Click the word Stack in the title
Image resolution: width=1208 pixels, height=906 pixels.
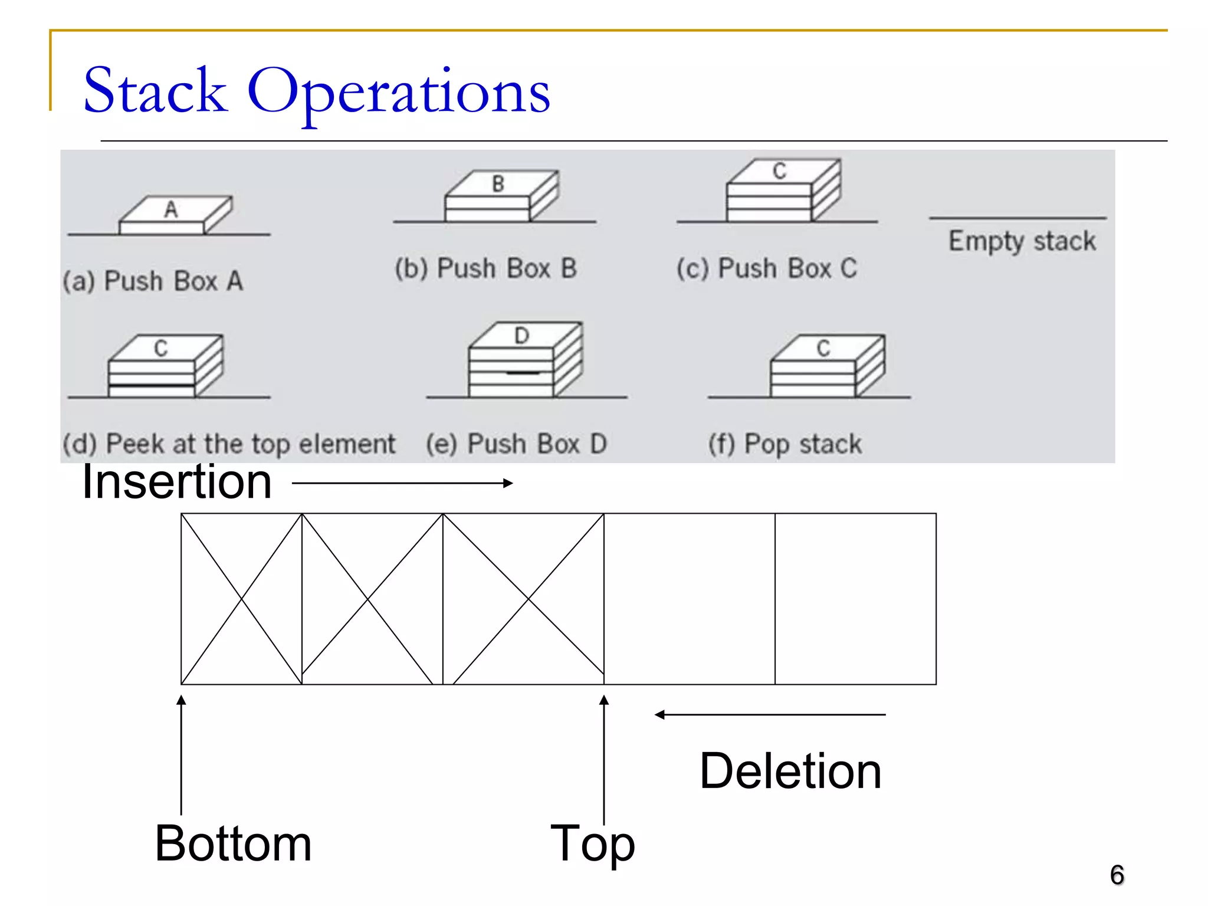tap(155, 91)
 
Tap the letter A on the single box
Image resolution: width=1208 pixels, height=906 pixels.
tap(171, 209)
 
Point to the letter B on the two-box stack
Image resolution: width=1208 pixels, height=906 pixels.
tap(498, 184)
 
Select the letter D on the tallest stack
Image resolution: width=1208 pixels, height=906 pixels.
tap(521, 336)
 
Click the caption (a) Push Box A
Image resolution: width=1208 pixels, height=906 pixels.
tap(153, 281)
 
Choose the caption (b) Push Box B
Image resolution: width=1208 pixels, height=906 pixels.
tap(485, 268)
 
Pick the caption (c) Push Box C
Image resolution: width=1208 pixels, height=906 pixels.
tap(767, 268)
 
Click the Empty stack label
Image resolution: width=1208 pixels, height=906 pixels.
tap(1022, 241)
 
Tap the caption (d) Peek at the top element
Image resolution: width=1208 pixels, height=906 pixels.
tap(229, 444)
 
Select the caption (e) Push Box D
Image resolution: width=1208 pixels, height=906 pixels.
tap(516, 444)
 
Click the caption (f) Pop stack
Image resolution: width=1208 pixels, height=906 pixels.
tap(784, 444)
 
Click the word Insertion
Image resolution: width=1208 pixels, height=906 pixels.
tap(177, 482)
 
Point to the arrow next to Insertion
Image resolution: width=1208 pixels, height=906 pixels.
tap(402, 483)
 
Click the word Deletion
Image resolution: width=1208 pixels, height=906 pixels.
tap(790, 771)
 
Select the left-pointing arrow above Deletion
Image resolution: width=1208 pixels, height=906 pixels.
tap(770, 715)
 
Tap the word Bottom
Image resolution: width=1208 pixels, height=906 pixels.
tap(233, 843)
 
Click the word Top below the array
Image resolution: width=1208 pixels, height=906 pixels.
tap(592, 843)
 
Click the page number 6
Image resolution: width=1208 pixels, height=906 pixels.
tap(1117, 875)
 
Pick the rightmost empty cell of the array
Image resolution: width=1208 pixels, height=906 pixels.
tap(855, 599)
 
